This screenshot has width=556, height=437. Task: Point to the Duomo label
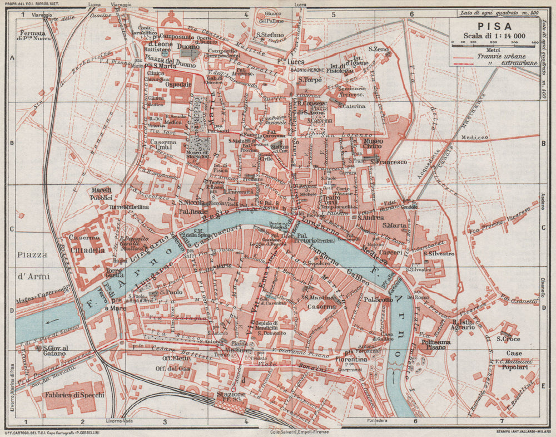(x=188, y=48)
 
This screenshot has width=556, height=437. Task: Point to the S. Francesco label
(x=389, y=161)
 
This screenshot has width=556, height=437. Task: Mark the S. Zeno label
(x=378, y=50)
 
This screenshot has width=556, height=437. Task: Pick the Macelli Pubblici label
(x=102, y=194)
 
